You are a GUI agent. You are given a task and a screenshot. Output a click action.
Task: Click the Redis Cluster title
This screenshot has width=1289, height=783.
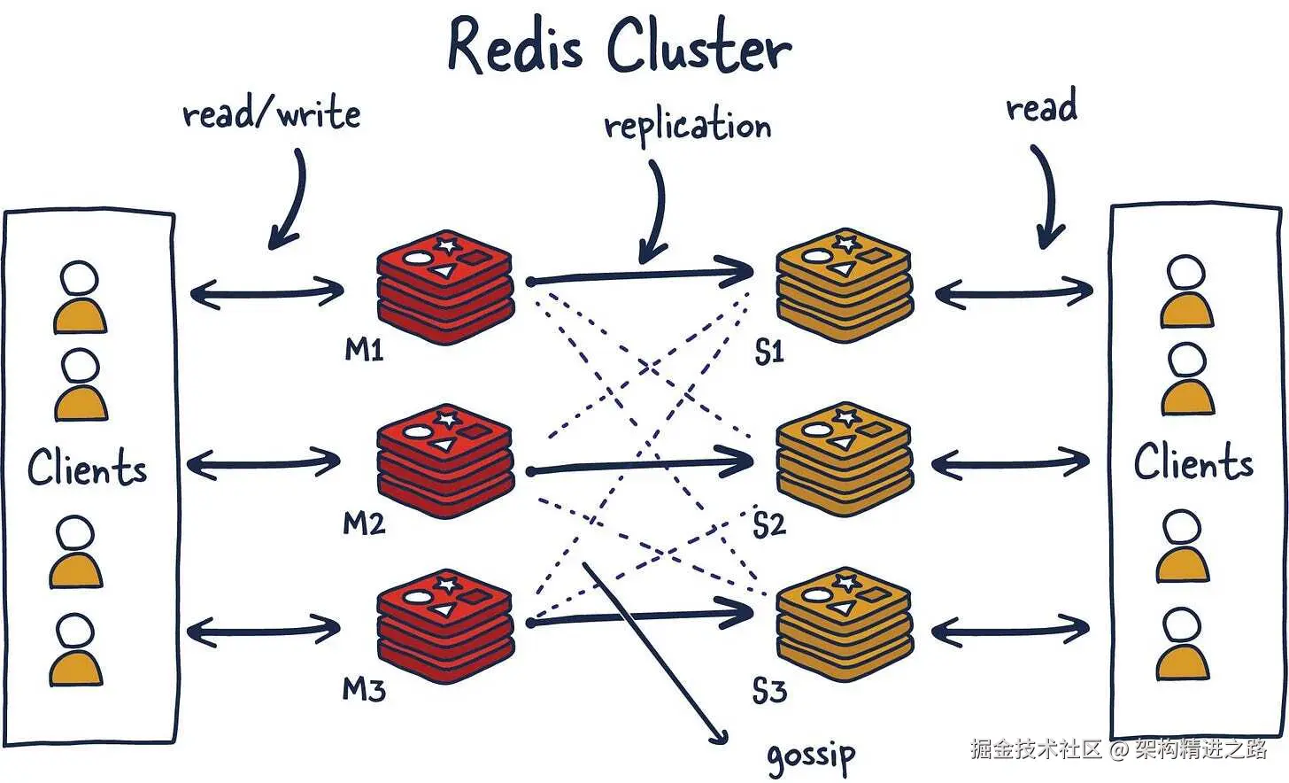click(619, 46)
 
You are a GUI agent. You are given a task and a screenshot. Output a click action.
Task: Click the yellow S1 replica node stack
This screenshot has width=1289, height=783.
click(845, 285)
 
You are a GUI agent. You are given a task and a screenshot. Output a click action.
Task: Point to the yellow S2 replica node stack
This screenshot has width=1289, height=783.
click(845, 459)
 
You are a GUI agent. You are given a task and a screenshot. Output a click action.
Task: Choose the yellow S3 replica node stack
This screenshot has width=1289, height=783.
click(845, 625)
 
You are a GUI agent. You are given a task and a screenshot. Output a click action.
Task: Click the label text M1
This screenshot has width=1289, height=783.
click(364, 351)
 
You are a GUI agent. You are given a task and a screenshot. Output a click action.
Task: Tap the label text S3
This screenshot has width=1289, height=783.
click(768, 690)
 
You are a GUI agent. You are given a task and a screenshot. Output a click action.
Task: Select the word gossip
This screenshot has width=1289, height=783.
click(811, 756)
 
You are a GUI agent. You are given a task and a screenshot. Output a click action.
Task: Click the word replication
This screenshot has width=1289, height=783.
click(688, 127)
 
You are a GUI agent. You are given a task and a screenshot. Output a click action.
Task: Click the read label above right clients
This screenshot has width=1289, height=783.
click(1041, 107)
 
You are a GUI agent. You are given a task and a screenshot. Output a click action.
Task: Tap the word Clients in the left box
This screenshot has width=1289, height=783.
click(87, 468)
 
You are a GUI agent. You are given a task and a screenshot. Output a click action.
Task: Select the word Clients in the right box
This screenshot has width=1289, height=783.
click(1193, 462)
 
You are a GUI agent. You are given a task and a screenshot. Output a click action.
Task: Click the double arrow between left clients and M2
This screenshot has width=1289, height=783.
click(264, 461)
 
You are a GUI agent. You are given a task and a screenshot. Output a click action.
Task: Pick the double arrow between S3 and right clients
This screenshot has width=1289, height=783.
click(1010, 631)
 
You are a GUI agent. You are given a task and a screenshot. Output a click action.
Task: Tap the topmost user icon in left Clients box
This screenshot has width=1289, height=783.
click(80, 298)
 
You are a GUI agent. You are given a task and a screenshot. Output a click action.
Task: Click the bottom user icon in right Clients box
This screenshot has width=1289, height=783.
click(1183, 644)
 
